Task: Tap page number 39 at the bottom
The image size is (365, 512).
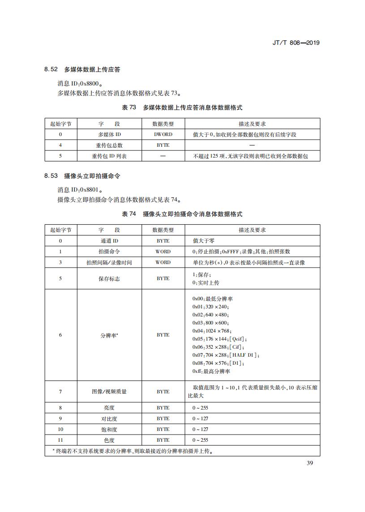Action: [x=309, y=463]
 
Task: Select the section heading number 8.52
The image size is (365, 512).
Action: [x=51, y=69]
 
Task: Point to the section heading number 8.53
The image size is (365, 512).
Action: [x=51, y=176]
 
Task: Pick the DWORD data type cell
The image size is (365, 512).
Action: [x=163, y=134]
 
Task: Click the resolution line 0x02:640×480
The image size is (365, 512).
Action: [x=210, y=315]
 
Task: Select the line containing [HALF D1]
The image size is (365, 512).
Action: [x=226, y=355]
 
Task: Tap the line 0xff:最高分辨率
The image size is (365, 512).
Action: [x=211, y=371]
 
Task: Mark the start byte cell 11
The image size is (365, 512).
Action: [x=60, y=440]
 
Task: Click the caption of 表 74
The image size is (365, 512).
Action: [x=182, y=214]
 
